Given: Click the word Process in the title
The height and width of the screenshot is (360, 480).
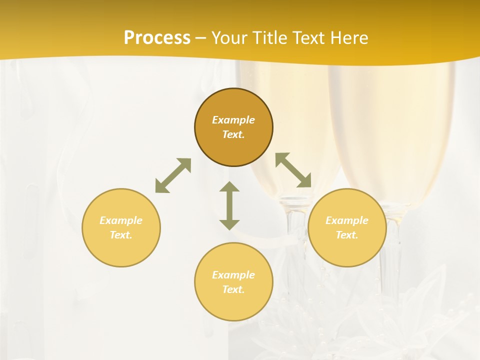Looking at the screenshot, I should coord(157,38).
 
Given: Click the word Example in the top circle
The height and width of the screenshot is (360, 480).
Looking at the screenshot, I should coord(233,120).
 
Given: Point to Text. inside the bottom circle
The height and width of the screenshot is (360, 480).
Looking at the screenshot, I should coord(233,289).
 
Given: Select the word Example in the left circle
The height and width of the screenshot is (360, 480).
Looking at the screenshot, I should coord(121,220).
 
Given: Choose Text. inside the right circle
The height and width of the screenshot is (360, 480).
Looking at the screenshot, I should coord(347,235).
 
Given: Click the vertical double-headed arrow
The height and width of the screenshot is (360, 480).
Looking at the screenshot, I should coord(229,205).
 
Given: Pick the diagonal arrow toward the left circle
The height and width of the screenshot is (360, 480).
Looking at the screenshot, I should coord(173,175).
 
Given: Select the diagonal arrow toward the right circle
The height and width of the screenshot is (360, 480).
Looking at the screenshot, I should coord(293,170).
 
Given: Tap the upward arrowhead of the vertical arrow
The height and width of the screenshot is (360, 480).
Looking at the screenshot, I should coord(229,187).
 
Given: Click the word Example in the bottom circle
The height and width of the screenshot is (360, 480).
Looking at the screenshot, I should coord(233,275).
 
